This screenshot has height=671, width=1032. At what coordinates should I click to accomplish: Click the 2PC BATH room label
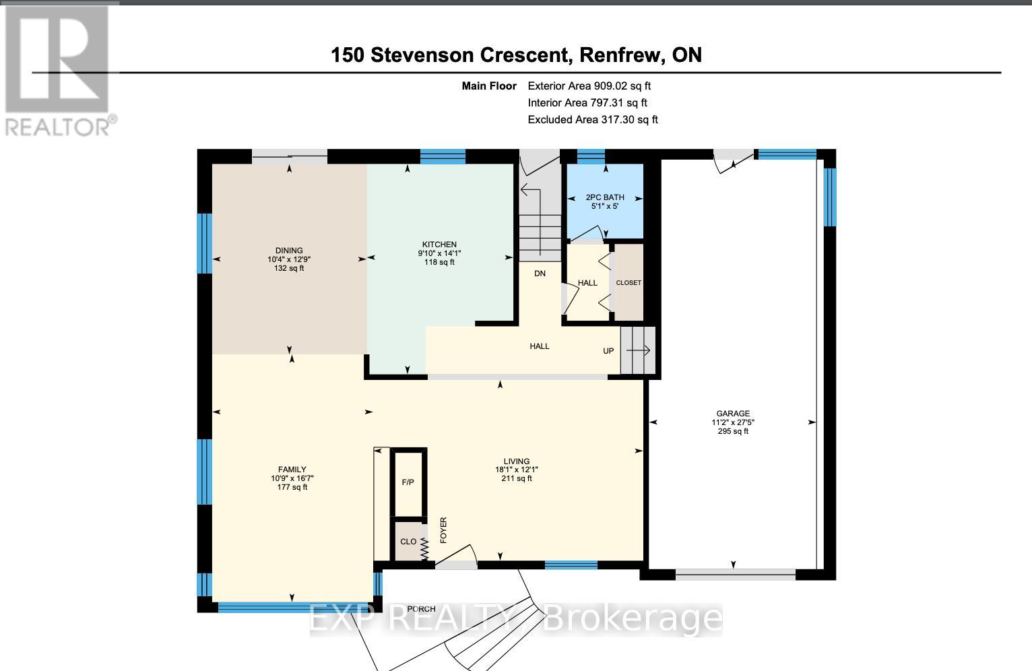click(x=605, y=197)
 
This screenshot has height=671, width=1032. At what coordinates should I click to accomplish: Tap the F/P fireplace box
click(x=408, y=482)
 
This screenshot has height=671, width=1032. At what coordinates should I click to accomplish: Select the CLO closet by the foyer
click(x=408, y=542)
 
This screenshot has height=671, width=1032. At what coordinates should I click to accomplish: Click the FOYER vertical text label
click(x=443, y=530)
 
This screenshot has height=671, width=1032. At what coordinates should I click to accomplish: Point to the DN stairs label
click(x=540, y=274)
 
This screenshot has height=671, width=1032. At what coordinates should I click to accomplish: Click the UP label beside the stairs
click(x=608, y=351)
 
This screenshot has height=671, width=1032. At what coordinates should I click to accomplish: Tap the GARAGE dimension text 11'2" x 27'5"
click(x=733, y=422)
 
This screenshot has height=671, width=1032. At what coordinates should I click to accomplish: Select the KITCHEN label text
click(x=439, y=245)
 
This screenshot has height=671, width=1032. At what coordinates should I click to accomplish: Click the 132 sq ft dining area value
click(x=289, y=268)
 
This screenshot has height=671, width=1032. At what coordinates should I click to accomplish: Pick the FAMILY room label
click(x=292, y=470)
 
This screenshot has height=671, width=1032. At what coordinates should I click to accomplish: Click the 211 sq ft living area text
click(x=517, y=478)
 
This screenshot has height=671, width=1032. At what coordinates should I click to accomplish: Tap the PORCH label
click(x=421, y=609)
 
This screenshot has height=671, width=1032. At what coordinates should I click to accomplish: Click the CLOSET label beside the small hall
click(x=628, y=283)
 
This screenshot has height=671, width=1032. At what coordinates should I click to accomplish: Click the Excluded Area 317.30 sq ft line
click(x=592, y=120)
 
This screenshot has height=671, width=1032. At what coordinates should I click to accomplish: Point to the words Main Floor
click(x=489, y=86)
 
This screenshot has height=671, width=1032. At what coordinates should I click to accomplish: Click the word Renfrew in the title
click(x=620, y=55)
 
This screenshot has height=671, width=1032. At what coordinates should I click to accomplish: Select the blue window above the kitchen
click(x=443, y=156)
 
